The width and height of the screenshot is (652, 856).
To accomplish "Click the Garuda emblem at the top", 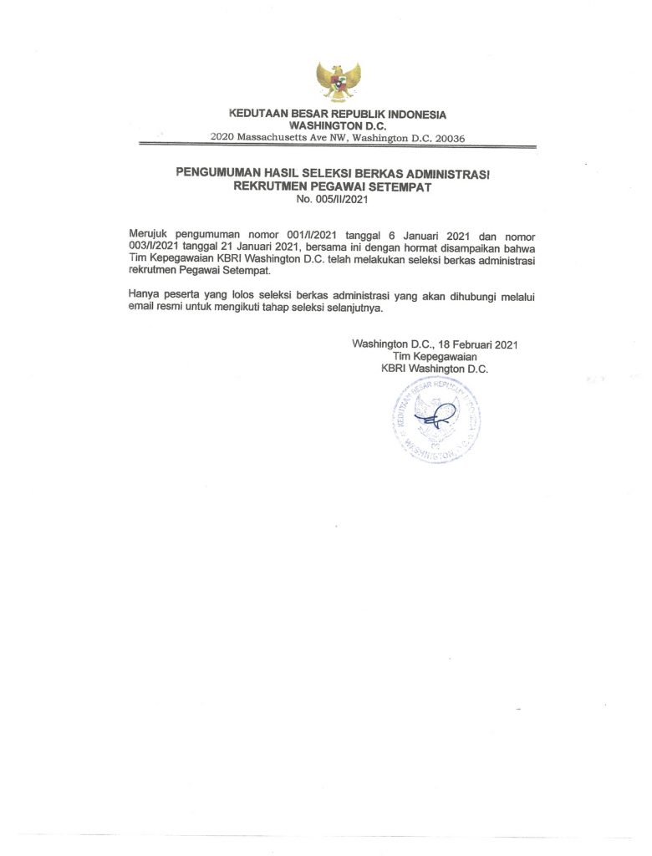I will coord(338,81).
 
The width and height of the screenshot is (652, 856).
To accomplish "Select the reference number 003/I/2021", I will coord(153,248).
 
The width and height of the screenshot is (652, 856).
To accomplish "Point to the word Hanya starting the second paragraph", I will coord(145,295).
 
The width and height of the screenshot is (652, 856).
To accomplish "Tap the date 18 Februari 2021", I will coord(479,344).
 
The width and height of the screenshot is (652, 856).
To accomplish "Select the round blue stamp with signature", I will coord(436,420).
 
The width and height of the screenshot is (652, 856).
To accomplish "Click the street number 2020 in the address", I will coord(222,137).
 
